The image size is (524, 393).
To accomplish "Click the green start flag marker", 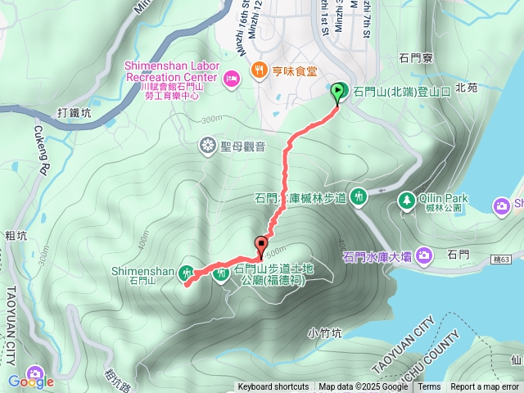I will pyautogui.click(x=338, y=93).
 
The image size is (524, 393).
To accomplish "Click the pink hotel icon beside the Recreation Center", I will pyautogui.click(x=230, y=77).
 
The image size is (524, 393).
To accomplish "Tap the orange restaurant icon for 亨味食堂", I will pyautogui.click(x=260, y=70).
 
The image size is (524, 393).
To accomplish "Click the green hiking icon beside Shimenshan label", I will pyautogui.click(x=187, y=272).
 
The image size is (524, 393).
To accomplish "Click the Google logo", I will pyautogui.click(x=30, y=381).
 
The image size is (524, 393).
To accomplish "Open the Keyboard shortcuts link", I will pyautogui.click(x=273, y=387).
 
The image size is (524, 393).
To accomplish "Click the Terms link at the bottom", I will pyautogui.click(x=429, y=387).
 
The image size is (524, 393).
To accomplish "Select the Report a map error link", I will pyautogui.click(x=485, y=387).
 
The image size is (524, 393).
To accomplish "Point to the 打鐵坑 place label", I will pyautogui.click(x=75, y=113).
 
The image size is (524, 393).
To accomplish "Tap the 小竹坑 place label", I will pyautogui.click(x=324, y=332).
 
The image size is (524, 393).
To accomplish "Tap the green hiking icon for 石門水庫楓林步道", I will pyautogui.click(x=358, y=196).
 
